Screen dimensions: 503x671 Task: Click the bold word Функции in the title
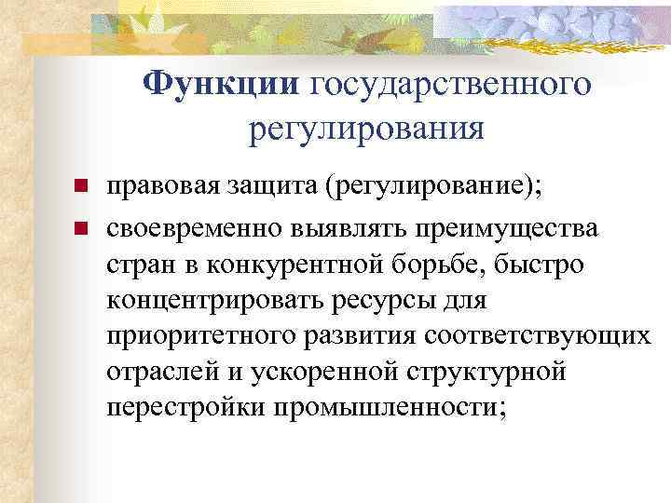click(219, 85)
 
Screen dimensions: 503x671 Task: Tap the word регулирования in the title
click(366, 129)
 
